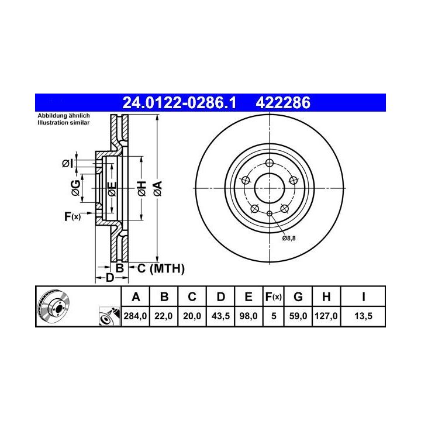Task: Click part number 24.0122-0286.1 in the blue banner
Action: pos(179,103)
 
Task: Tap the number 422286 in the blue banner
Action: pos(283,103)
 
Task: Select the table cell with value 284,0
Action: pos(135,316)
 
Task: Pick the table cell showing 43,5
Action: pos(220,316)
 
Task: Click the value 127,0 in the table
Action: pos(326,316)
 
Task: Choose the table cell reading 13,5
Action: pos(363,316)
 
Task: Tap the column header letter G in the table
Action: pos(298,296)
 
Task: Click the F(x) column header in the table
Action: pos(273,296)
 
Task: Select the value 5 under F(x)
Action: pos(274,316)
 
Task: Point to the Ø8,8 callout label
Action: pos(289,238)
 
